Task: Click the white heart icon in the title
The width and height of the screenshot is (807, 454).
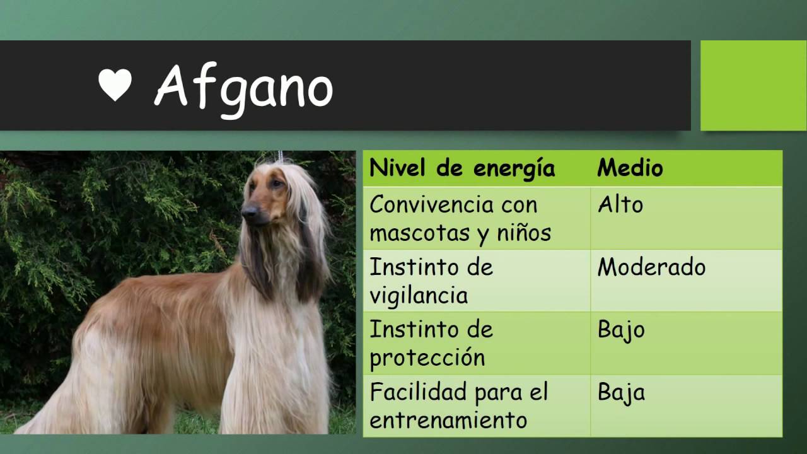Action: point(115,84)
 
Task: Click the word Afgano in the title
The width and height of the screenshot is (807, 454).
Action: point(243,87)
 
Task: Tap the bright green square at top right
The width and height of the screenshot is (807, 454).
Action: point(753,85)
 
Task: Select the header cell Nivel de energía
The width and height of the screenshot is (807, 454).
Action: point(462,168)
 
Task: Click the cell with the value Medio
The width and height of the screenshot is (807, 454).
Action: point(630,168)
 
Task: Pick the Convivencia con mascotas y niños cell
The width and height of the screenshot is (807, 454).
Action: point(460,218)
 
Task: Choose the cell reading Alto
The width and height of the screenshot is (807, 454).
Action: point(620,205)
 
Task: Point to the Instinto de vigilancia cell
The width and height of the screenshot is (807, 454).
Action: point(431,281)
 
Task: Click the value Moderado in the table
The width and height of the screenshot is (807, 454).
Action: point(651,267)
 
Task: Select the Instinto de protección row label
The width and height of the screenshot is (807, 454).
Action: point(431,343)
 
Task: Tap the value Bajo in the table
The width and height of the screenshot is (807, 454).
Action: point(621,330)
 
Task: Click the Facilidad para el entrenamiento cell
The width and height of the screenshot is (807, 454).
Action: point(459,405)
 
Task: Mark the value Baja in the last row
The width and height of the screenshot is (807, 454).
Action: point(621,393)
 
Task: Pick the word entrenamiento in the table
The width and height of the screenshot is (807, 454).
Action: point(448,421)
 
